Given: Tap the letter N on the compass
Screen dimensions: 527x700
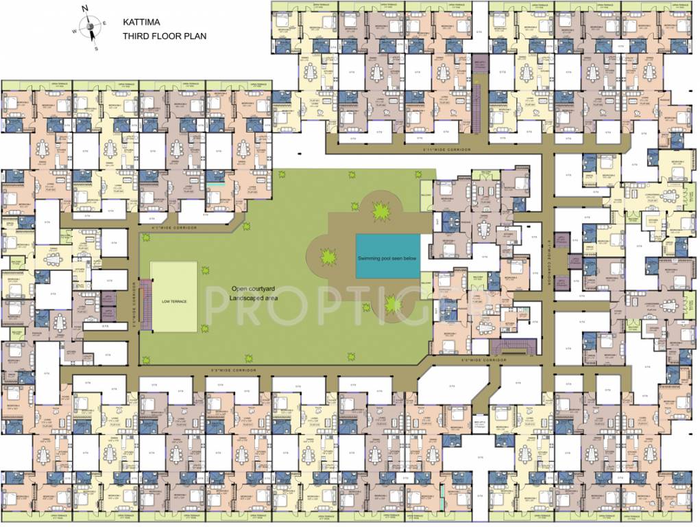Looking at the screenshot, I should click(85, 8).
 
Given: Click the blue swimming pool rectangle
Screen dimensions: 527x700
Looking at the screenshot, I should click(388, 256).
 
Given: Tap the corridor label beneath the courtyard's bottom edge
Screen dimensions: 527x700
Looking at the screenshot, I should click(233, 370).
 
